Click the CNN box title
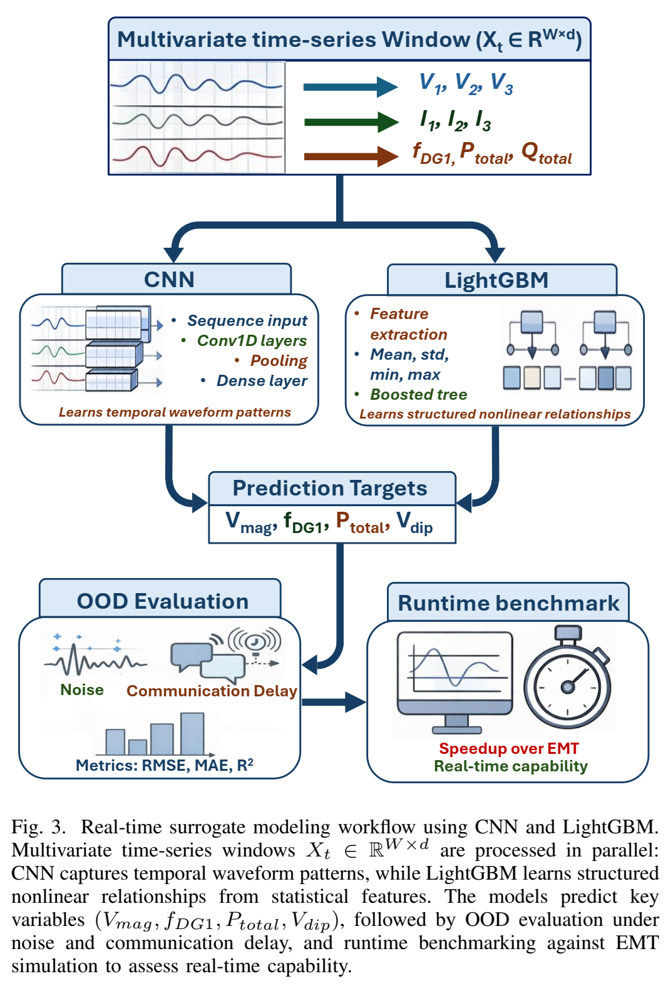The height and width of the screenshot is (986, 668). pos(169,279)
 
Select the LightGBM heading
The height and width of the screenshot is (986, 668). pos(496,280)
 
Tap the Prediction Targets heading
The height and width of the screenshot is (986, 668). pos(330,488)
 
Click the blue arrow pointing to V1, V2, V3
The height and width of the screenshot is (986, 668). pos(350,86)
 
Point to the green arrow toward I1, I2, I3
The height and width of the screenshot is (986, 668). pos(351,121)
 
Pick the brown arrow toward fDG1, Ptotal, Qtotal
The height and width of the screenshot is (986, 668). pos(351,156)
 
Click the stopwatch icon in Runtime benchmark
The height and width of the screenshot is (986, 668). pos(567,679)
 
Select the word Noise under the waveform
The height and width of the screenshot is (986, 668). pos(82,689)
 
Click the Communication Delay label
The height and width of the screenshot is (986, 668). pos(212,691)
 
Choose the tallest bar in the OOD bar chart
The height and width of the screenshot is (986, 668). pos(192,733)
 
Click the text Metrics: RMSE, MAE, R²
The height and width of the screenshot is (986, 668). pos(165,765)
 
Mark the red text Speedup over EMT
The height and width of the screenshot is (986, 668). pos(509,748)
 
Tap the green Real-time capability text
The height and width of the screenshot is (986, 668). pos(511,766)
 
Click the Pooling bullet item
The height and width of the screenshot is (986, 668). pos(279,361)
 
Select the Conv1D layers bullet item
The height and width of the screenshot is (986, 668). pos(252,341)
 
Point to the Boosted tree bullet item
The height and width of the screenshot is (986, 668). pos(418,395)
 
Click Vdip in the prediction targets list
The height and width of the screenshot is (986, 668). pos(414,523)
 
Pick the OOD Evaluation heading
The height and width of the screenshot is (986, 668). pos(163,601)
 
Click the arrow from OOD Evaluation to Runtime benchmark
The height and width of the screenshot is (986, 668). pos(334,702)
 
